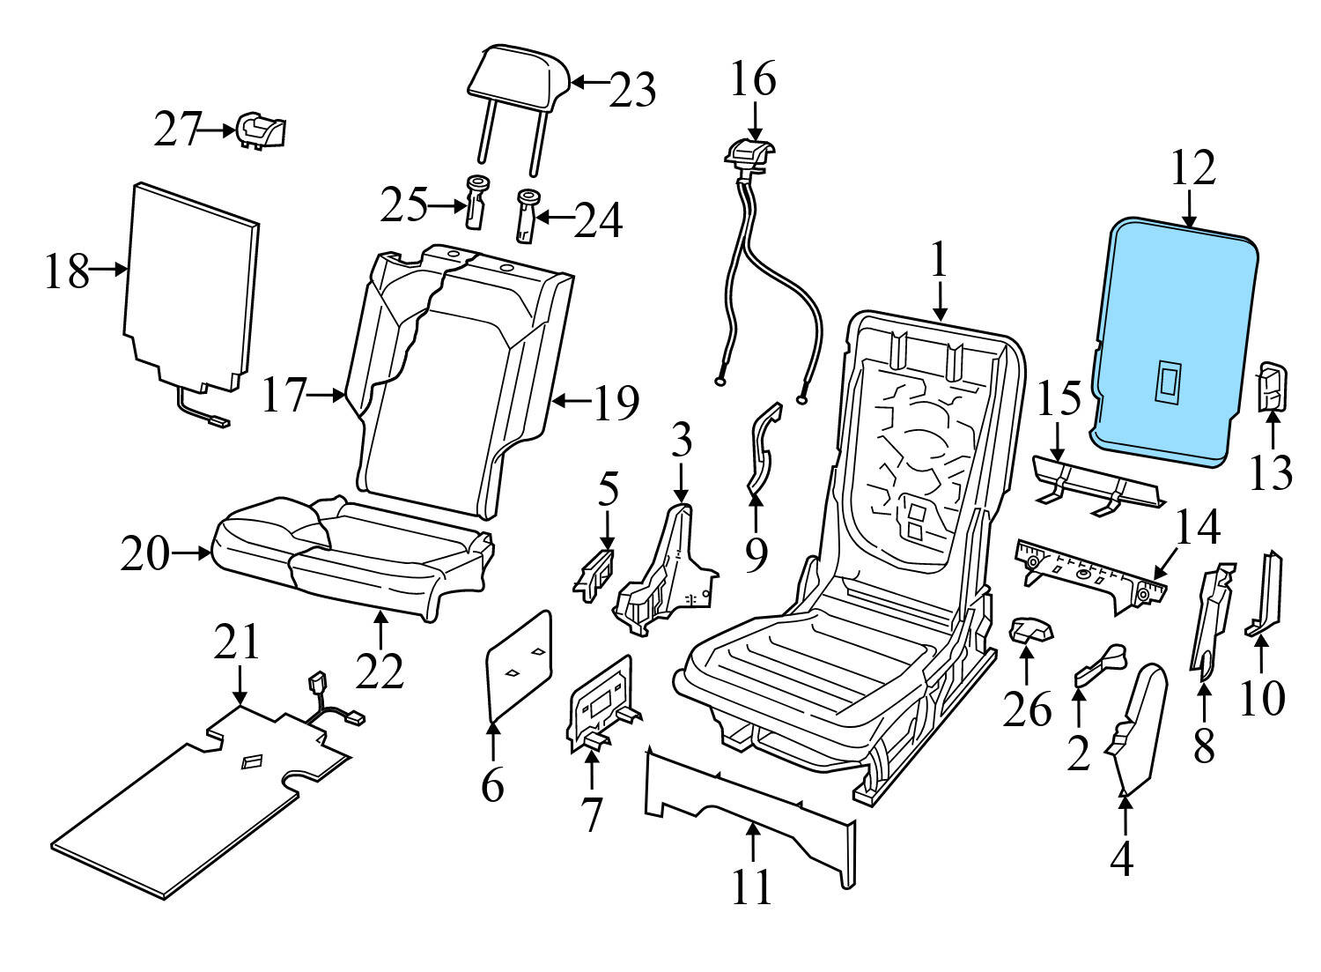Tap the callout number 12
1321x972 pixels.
(1192, 167)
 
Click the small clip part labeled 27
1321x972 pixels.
(261, 131)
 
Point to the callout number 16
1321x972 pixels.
(754, 78)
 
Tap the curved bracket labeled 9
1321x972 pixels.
(762, 449)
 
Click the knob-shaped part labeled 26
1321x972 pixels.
(1029, 630)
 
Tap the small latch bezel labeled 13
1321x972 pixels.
(1271, 389)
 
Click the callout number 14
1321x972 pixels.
(1197, 528)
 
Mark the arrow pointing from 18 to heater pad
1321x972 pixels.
(111, 271)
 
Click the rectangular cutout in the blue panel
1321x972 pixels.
(1170, 382)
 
